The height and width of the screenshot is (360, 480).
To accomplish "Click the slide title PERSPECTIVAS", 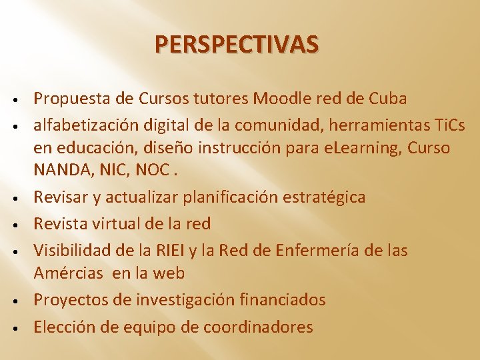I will pos(237,45).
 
